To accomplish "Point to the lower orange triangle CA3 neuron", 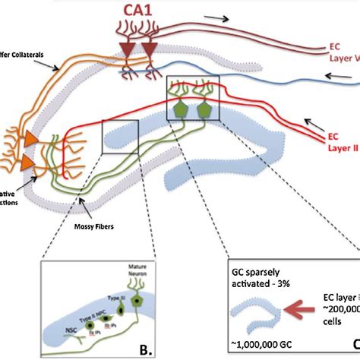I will pos(27,163).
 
